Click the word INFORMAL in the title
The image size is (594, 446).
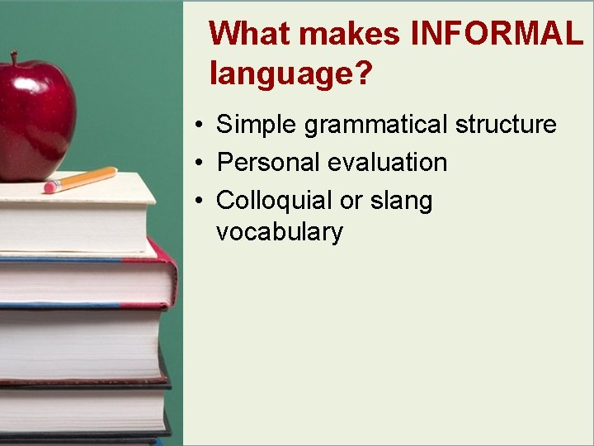coord(497,35)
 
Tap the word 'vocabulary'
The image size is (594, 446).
coord(279,232)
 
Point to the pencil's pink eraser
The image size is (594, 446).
coord(49,188)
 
